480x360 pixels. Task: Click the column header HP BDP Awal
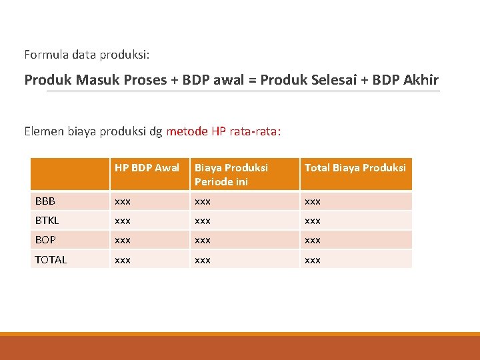[147, 168]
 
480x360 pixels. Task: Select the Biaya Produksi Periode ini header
[231, 175]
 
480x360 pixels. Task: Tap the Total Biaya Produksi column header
[355, 168]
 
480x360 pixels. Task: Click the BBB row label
[45, 201]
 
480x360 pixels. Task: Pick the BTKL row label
[47, 221]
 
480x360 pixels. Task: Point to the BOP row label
[45, 240]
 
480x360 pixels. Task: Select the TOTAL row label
[51, 259]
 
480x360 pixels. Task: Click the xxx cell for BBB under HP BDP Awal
[123, 201]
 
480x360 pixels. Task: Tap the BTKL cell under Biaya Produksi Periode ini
[203, 221]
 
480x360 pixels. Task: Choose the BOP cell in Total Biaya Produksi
[313, 240]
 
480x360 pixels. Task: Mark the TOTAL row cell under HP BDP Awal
[123, 259]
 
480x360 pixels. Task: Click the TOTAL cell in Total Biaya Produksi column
[313, 259]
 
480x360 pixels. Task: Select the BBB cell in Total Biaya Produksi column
[313, 201]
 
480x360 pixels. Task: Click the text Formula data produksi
[91, 53]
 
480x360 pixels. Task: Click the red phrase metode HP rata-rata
[223, 131]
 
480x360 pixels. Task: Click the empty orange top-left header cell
[70, 174]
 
